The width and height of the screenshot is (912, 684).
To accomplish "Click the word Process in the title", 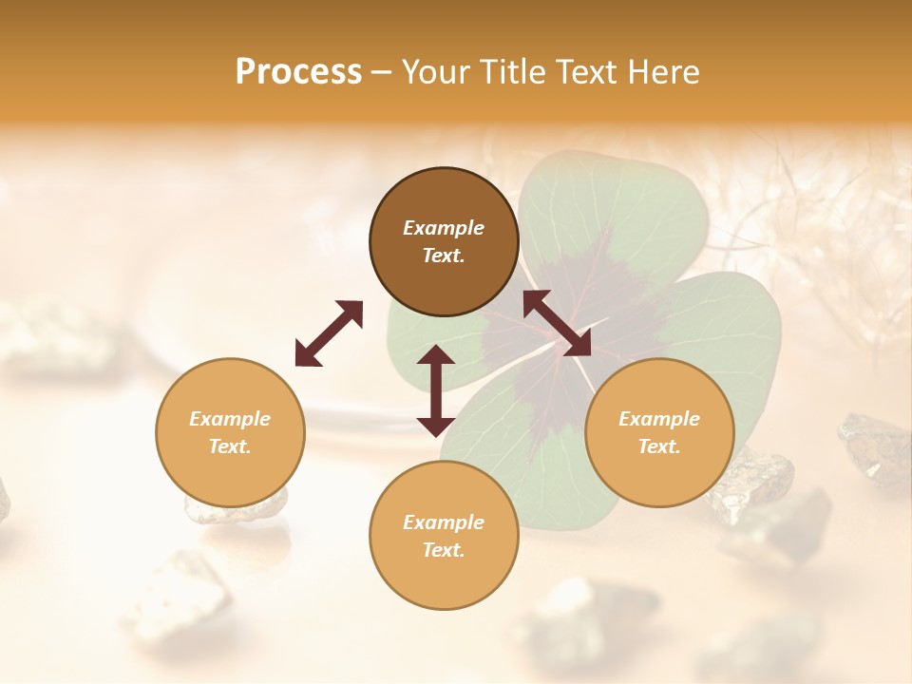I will tap(298, 72).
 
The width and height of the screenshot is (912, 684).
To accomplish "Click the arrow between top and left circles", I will tap(329, 333).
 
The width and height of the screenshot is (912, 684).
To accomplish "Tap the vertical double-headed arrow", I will tap(436, 390).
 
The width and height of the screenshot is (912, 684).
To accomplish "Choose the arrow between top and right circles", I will tap(557, 323).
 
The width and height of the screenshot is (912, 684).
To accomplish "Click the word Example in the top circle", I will tap(444, 228).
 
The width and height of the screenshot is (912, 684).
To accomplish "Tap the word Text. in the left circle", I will tap(230, 446).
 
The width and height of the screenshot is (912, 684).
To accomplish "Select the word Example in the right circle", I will tap(659, 419).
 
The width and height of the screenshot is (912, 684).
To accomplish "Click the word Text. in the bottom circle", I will tap(444, 550).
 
